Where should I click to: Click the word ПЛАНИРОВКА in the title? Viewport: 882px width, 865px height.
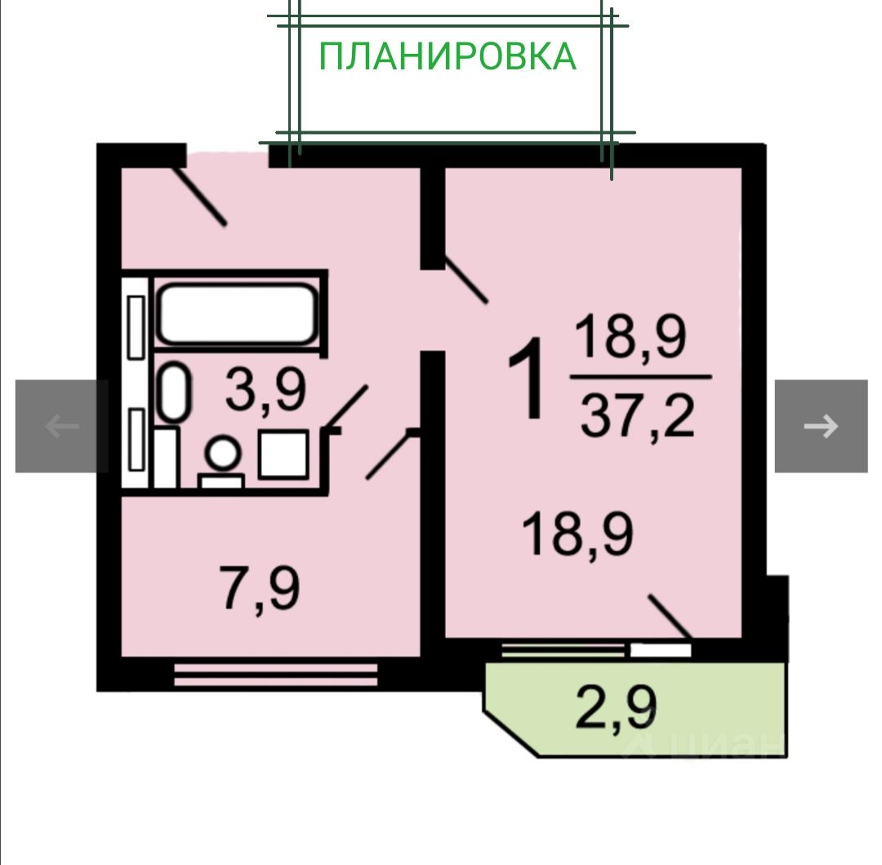pyautogui.click(x=448, y=56)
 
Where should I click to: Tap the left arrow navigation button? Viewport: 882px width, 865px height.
pyautogui.click(x=61, y=425)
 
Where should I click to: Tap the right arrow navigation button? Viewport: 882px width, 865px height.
pyautogui.click(x=821, y=425)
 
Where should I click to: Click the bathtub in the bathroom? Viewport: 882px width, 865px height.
pyautogui.click(x=237, y=313)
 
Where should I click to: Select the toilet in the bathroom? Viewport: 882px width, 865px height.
pyautogui.click(x=221, y=461)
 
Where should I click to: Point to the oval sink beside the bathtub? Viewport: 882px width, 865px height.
pyautogui.click(x=173, y=393)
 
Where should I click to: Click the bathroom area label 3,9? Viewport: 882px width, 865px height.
pyautogui.click(x=266, y=391)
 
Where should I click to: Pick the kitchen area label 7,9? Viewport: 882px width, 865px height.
pyautogui.click(x=260, y=589)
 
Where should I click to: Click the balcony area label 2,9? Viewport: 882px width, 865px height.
pyautogui.click(x=617, y=707)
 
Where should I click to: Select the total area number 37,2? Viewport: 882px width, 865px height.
pyautogui.click(x=637, y=417)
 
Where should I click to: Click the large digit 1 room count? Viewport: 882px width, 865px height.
pyautogui.click(x=527, y=381)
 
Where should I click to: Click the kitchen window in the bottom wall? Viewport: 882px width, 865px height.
pyautogui.click(x=276, y=674)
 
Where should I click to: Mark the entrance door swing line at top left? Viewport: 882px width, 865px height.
pyautogui.click(x=201, y=196)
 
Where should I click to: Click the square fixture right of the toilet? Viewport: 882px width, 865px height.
pyautogui.click(x=283, y=455)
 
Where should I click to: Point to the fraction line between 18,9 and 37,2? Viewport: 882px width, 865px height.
pyautogui.click(x=640, y=376)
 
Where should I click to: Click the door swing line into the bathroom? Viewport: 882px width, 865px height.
pyautogui.click(x=346, y=406)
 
